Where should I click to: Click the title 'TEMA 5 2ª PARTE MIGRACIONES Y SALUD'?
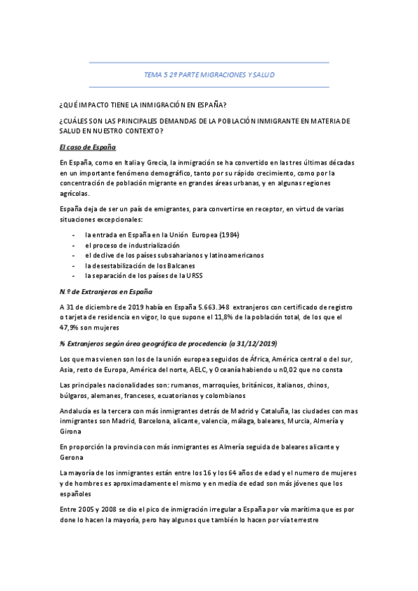(x=209, y=74)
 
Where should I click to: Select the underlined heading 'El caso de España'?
(x=87, y=148)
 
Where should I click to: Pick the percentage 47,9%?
(x=73, y=327)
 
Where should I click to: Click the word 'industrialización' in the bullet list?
(x=151, y=245)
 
